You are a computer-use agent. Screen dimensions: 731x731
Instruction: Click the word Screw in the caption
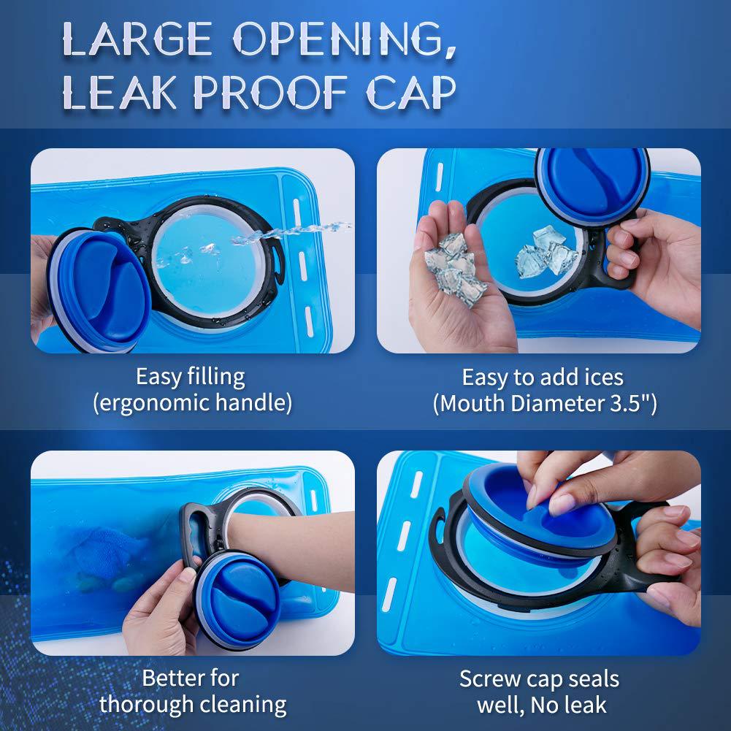coord(486,679)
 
